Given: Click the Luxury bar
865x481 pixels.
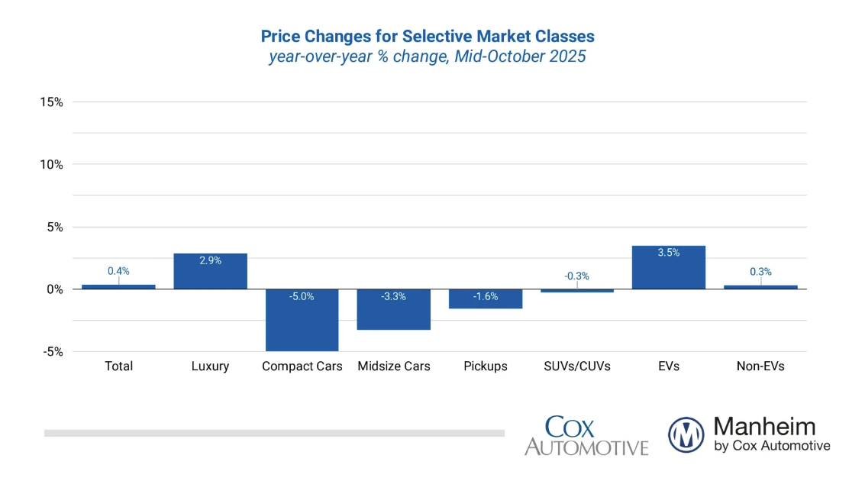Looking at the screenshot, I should (210, 271).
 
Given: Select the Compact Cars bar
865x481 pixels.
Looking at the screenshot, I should (302, 320).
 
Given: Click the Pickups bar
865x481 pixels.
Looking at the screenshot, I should (485, 299).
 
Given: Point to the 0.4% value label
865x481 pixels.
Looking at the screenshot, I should (118, 271).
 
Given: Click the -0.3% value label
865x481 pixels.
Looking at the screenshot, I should (576, 276).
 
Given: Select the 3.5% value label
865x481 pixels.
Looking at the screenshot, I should (668, 253).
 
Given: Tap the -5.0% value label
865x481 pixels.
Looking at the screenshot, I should (302, 296).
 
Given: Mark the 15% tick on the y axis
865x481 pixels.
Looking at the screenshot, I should (51, 102).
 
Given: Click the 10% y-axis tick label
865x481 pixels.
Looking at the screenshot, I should (51, 164).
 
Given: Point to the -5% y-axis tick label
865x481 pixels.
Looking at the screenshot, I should (51, 352).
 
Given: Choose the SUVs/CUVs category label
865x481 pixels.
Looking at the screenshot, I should (576, 366).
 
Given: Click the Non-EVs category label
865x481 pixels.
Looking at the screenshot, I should (760, 366).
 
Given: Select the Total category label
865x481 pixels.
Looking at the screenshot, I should (118, 366).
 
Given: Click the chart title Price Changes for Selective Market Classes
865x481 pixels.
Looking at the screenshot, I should (428, 36).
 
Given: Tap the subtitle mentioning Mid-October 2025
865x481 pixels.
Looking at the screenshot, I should (428, 56).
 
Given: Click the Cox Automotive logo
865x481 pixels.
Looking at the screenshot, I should (586, 436).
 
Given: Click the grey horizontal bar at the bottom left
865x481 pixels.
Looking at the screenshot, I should (274, 433).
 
